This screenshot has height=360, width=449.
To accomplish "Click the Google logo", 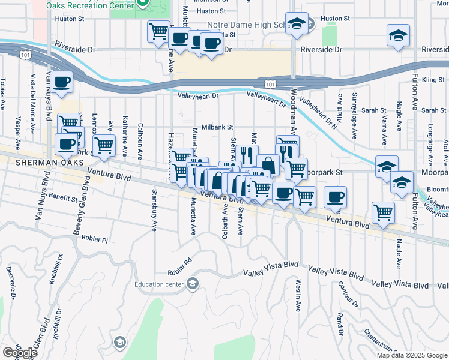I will point(20,353).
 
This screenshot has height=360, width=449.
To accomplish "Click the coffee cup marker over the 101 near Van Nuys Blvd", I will point(62,82).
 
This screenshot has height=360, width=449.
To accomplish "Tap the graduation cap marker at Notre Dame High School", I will point(296,25).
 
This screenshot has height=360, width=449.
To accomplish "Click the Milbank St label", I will point(217,127).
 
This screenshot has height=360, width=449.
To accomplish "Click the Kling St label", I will point(432,79).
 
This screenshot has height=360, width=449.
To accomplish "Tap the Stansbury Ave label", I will point(154,209).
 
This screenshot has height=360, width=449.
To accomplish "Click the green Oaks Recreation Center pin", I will point(143,4).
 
